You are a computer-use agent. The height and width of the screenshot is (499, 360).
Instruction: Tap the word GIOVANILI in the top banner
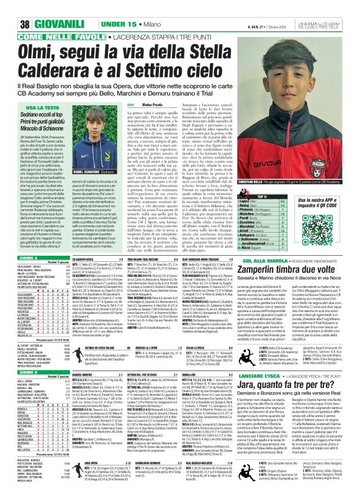(x=43, y=7)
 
